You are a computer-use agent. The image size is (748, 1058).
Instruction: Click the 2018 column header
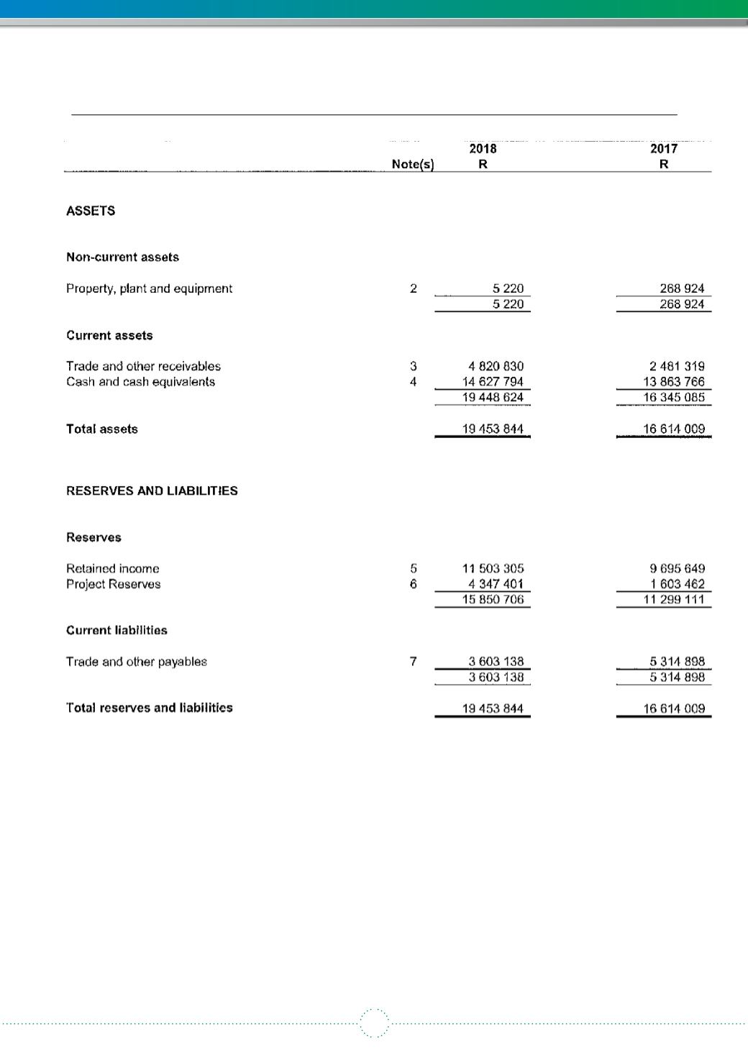[483, 149]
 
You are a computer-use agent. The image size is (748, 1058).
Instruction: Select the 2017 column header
[663, 149]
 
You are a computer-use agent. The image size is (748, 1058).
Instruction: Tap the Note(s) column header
[413, 165]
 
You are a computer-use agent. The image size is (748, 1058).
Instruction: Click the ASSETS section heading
[91, 211]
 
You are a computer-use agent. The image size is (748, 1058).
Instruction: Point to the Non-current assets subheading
[122, 257]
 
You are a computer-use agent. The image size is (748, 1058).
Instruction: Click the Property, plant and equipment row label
[149, 288]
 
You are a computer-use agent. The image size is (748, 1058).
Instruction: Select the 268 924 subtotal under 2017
[682, 304]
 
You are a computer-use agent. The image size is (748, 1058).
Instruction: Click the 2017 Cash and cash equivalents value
[673, 382]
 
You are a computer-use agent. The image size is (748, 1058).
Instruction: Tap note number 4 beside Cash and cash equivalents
[414, 382]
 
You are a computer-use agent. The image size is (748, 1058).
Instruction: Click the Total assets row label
[101, 429]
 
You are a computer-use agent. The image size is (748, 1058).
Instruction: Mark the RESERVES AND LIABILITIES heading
[152, 491]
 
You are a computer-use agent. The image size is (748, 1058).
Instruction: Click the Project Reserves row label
[113, 584]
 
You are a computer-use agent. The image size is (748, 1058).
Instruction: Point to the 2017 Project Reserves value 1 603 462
[677, 584]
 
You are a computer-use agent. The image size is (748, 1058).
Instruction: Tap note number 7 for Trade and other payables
[414, 662]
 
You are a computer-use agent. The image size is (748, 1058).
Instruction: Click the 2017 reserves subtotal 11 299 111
[673, 600]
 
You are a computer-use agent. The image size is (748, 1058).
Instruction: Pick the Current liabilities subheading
[117, 631]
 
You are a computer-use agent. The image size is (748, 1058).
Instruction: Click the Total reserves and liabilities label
[149, 708]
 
